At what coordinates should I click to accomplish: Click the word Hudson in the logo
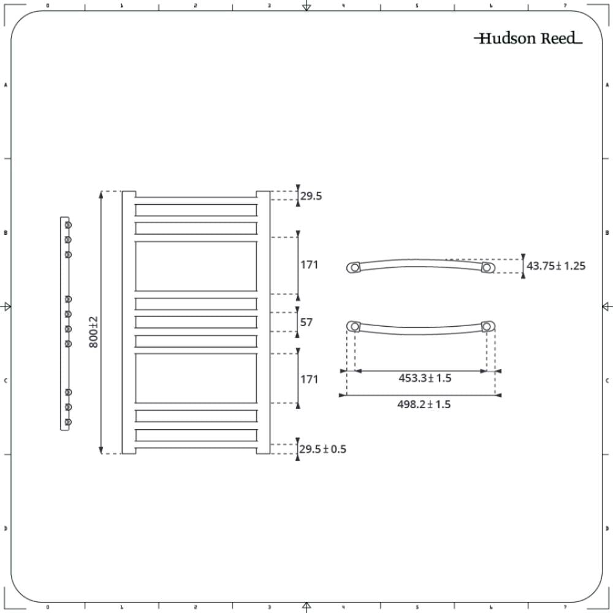pos(500,39)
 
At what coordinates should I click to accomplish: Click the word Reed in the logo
pos(558,39)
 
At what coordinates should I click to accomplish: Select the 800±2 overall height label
pos(93,332)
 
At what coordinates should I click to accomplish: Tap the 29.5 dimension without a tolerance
pos(311,196)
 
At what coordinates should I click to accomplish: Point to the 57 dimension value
pos(306,322)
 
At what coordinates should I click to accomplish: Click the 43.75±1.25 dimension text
pos(556,266)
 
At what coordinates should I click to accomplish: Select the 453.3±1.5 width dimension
pos(425,378)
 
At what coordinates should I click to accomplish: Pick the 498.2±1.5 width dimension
pos(424,405)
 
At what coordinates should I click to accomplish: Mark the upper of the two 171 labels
pos(309,265)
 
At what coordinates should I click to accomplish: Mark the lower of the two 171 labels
pos(309,379)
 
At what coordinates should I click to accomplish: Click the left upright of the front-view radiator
pos(129,322)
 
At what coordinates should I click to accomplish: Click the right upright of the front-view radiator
pos(263,322)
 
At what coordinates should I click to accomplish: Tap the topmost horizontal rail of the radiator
pos(196,210)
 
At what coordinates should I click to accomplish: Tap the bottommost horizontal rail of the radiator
pos(196,435)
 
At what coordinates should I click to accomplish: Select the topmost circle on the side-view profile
pos(69,224)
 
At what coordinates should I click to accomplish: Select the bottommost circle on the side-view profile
pos(69,422)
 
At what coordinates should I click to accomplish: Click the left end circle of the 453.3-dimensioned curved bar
pos(354,326)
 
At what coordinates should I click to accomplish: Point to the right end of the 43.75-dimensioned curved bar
pos(487,268)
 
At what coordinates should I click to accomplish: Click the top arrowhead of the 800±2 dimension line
pos(101,195)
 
